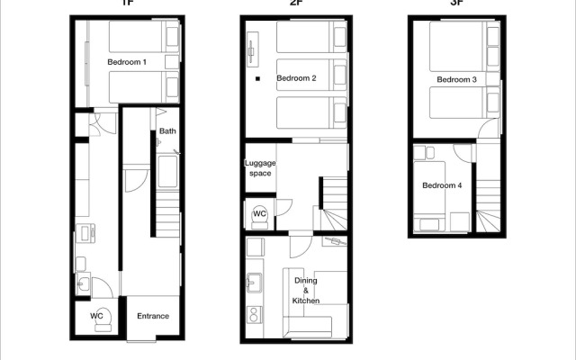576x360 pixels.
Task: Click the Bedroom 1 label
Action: (127, 62)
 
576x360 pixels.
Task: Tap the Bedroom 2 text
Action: (296, 78)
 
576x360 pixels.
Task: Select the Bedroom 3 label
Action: (457, 80)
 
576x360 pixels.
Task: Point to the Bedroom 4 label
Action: (442, 185)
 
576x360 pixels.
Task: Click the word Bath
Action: (167, 131)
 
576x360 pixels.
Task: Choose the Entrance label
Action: (152, 316)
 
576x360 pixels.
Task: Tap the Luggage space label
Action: (260, 168)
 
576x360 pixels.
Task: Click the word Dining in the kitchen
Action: (306, 280)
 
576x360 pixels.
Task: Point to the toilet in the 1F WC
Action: (102, 316)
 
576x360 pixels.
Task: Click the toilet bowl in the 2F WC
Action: (259, 214)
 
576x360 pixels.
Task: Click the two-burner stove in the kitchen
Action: (253, 315)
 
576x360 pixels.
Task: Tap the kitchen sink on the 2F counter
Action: (252, 283)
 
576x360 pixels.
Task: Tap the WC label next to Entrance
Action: (96, 316)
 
